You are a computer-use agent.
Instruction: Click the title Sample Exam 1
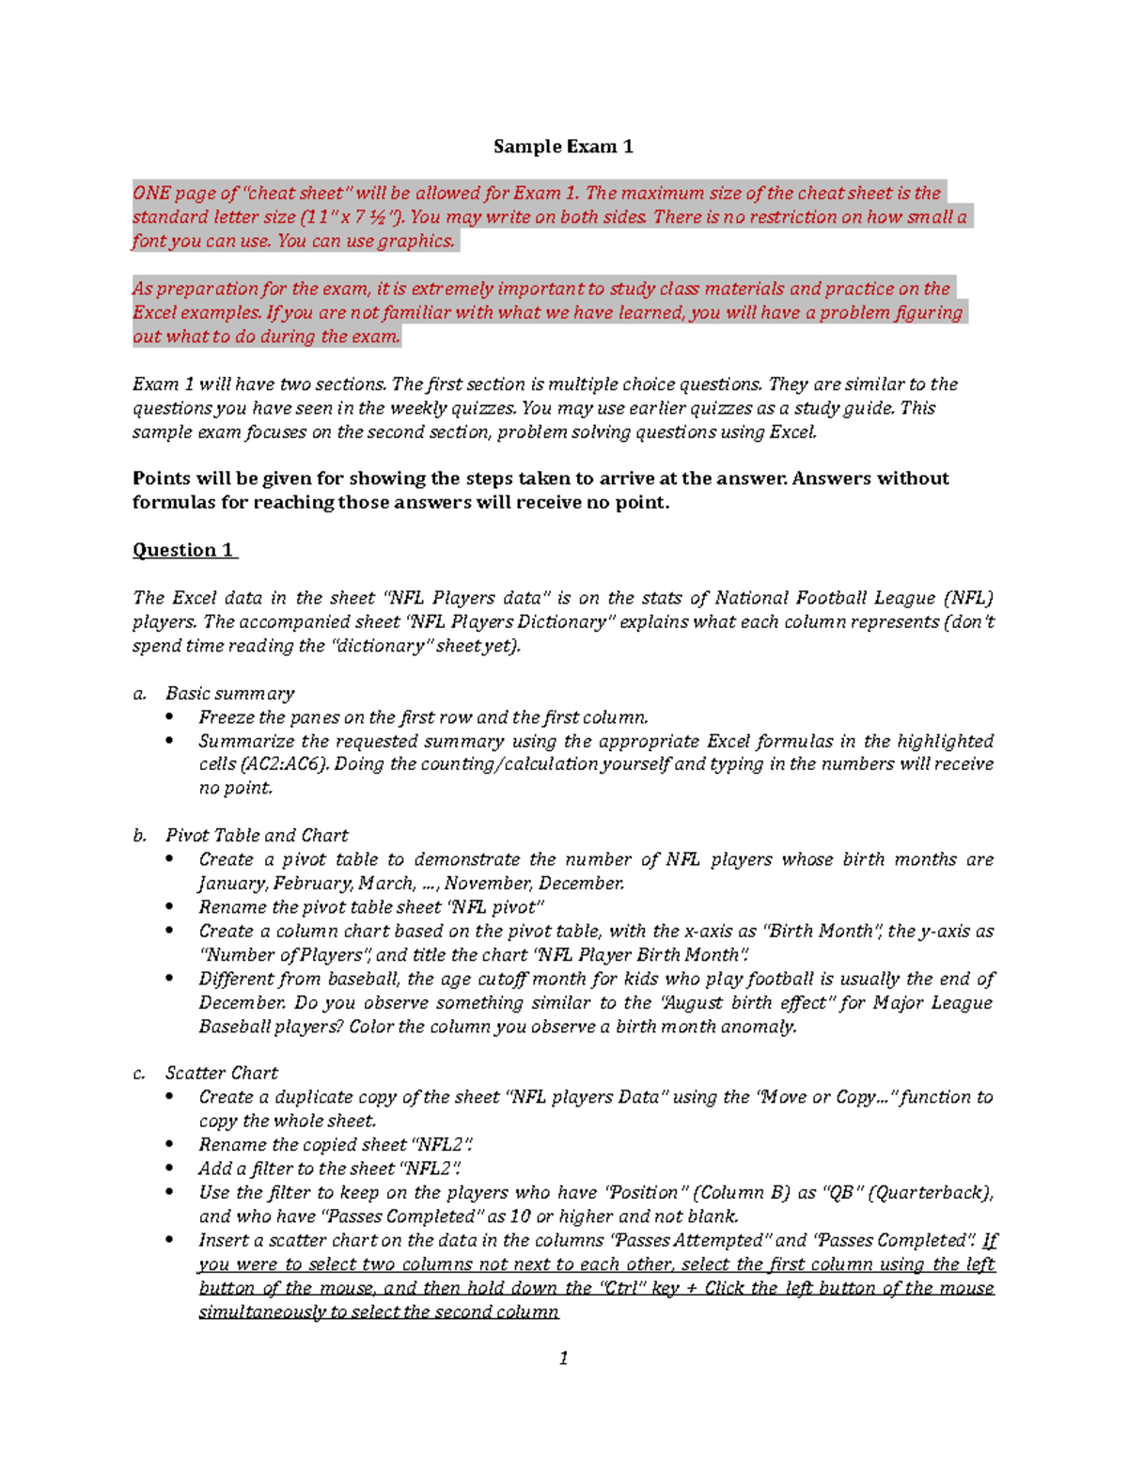point(563,147)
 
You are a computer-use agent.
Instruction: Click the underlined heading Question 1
point(184,550)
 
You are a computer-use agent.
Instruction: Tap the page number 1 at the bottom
point(563,1358)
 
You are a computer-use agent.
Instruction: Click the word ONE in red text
point(151,194)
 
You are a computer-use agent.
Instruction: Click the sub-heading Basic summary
point(229,694)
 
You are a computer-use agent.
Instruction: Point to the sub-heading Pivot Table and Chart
point(257,836)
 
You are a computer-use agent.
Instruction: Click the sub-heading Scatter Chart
point(222,1074)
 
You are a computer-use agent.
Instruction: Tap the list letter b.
point(140,836)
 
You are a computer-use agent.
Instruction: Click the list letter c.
point(139,1074)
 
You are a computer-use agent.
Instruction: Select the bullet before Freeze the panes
point(170,717)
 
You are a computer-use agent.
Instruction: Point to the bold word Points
point(161,479)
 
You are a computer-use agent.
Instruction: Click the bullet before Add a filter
point(170,1169)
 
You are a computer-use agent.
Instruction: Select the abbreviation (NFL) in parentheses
point(969,598)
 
